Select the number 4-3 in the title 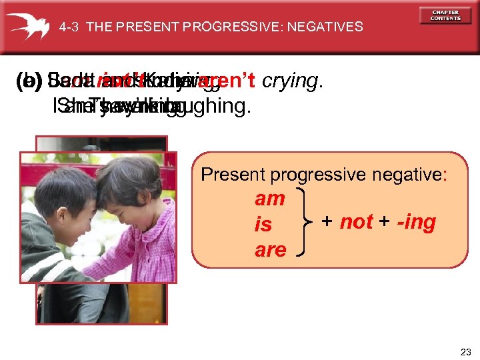pos(69,27)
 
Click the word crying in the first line pos(291,81)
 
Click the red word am pos(270,199)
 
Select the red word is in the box pos(263,225)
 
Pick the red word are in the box pos(270,250)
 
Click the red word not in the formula pos(356,221)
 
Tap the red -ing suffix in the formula pos(415,221)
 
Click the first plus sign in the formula pos(327,221)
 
